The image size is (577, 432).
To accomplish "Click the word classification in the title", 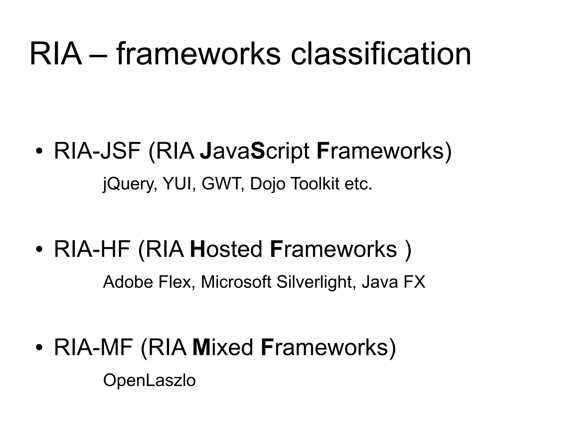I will pos(381,53).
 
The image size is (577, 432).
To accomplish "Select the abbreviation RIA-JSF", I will pos(97,151).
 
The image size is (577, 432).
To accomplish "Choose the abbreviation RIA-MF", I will pos(93,348).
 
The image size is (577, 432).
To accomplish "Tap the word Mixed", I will pos(223,348).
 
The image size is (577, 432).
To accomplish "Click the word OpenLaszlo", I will pos(149,380).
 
